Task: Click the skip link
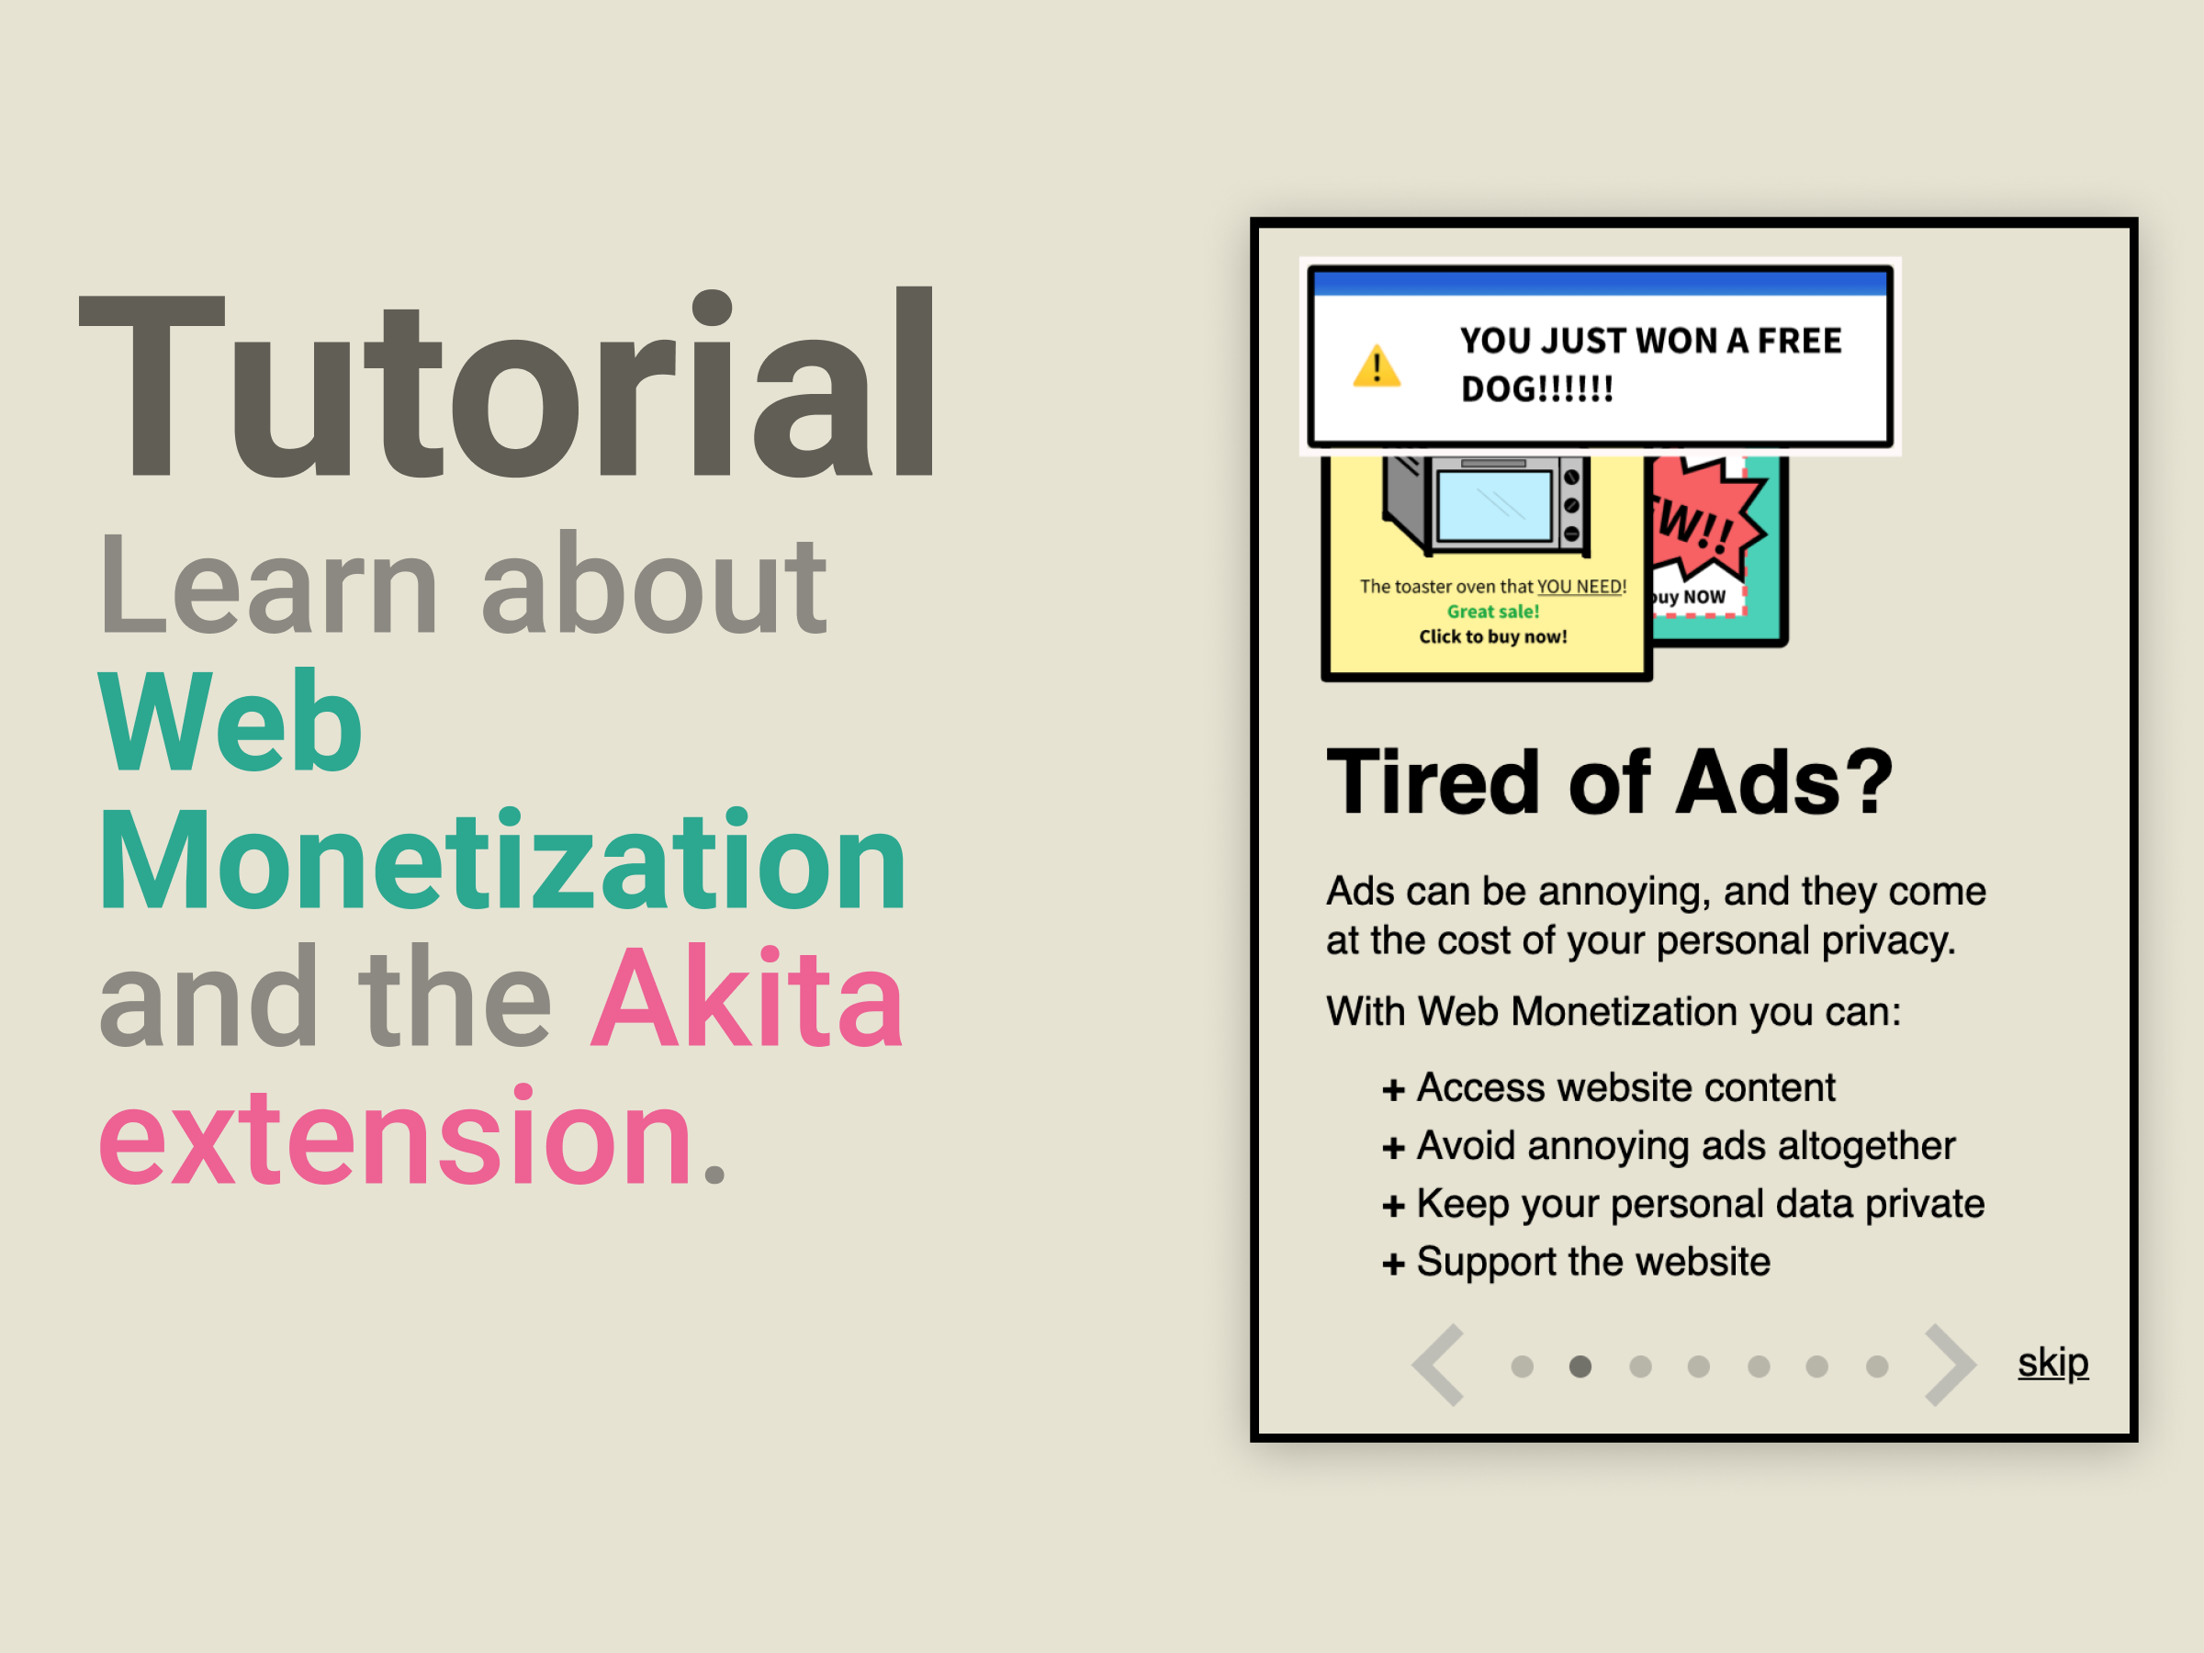click(2052, 1362)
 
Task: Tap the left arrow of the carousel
click(1438, 1365)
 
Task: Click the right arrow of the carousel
click(1950, 1365)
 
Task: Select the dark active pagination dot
click(1580, 1366)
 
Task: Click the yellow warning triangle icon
click(1377, 365)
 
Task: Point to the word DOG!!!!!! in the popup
click(1537, 389)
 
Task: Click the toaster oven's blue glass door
click(1493, 506)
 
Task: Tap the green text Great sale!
click(1492, 611)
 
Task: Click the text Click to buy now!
click(1492, 635)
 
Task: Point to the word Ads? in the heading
click(1783, 782)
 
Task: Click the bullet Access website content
click(1608, 1087)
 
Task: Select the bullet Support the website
click(1576, 1262)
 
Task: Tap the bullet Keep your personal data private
click(1683, 1204)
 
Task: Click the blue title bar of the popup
click(1600, 284)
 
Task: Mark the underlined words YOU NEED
click(1580, 587)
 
